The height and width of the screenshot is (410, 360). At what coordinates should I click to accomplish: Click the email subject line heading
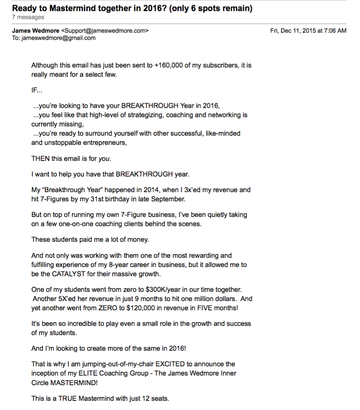tap(132, 8)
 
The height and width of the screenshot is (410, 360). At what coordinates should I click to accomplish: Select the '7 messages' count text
tap(28, 17)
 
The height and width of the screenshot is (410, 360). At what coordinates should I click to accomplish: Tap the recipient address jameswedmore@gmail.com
tap(58, 38)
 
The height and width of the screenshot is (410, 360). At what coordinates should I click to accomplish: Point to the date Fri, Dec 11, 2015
tap(294, 30)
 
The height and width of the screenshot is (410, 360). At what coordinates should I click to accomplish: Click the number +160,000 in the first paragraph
tap(169, 65)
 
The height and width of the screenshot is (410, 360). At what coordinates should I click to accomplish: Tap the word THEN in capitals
tap(40, 159)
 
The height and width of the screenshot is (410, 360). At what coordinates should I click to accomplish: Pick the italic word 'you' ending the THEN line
tap(104, 159)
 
